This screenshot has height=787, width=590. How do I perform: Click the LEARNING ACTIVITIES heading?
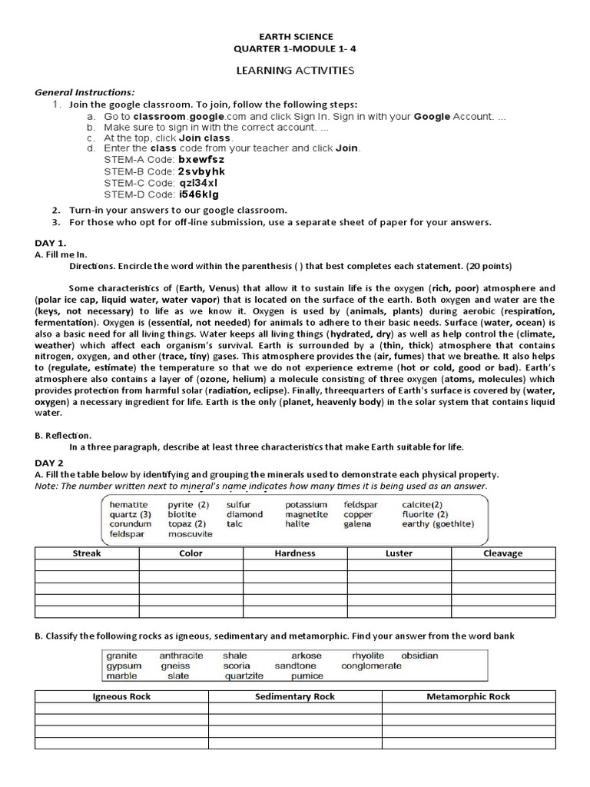coord(294,70)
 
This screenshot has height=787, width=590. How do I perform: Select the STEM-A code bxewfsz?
coord(201,159)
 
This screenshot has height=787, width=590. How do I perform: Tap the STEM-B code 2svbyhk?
coord(201,171)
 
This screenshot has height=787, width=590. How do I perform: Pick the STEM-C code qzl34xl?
coord(198,183)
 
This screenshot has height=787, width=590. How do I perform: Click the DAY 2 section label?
coord(49,463)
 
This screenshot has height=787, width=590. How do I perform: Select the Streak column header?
coord(87,553)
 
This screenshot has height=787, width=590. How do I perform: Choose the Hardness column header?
coord(295,553)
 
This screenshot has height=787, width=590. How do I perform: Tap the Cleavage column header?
coord(502,553)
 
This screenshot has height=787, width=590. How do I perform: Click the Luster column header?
coord(399,553)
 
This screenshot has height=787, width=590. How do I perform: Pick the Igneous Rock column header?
coord(121,696)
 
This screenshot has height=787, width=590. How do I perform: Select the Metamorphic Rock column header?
coord(468,696)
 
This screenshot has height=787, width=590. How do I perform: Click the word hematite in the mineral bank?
coord(129,505)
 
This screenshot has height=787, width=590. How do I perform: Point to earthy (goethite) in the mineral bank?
coord(438,524)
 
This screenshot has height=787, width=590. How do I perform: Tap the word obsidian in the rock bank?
coord(419,656)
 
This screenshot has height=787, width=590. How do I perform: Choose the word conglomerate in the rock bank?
coord(371,666)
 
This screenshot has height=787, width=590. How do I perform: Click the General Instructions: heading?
coord(85,91)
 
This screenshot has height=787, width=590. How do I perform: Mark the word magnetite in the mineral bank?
coord(307,514)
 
